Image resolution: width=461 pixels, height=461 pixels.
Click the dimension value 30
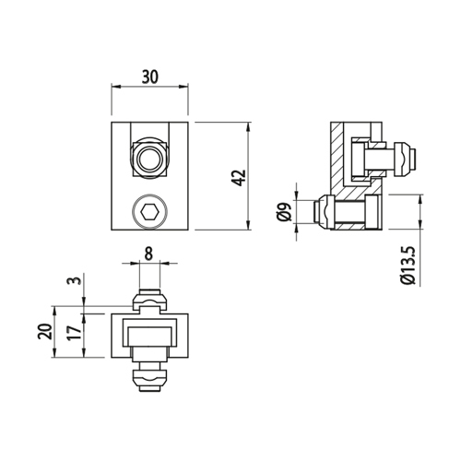[x=150, y=77]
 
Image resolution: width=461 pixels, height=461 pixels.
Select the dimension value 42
[x=240, y=178]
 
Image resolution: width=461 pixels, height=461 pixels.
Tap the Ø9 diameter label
[x=284, y=212]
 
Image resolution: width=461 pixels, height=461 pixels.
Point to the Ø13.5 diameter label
[x=408, y=266]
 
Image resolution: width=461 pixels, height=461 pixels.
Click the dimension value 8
[x=148, y=254]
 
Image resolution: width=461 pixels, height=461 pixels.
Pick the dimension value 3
[x=77, y=280]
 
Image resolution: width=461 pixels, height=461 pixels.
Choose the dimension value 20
[x=45, y=331]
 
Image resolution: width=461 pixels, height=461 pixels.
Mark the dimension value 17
[x=75, y=332]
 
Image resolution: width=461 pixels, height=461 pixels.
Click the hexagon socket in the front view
[x=150, y=212]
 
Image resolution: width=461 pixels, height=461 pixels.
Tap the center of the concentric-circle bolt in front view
[x=150, y=160]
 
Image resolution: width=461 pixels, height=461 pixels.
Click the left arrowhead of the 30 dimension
[x=115, y=87]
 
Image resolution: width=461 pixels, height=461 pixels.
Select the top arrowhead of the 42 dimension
[x=248, y=126]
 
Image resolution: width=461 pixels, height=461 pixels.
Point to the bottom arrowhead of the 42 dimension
[x=248, y=226]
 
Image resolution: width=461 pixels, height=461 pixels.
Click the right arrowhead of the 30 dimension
[x=183, y=87]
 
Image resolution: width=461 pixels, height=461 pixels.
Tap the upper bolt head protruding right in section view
[x=405, y=160]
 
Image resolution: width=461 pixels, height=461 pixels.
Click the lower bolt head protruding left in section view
[x=323, y=212]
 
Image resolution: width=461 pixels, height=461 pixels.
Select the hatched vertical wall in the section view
[x=337, y=157]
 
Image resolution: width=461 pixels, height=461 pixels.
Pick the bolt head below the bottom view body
[x=149, y=381]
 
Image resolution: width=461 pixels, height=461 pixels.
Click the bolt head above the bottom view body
[x=149, y=300]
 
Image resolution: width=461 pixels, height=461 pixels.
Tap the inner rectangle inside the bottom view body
[x=149, y=337]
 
